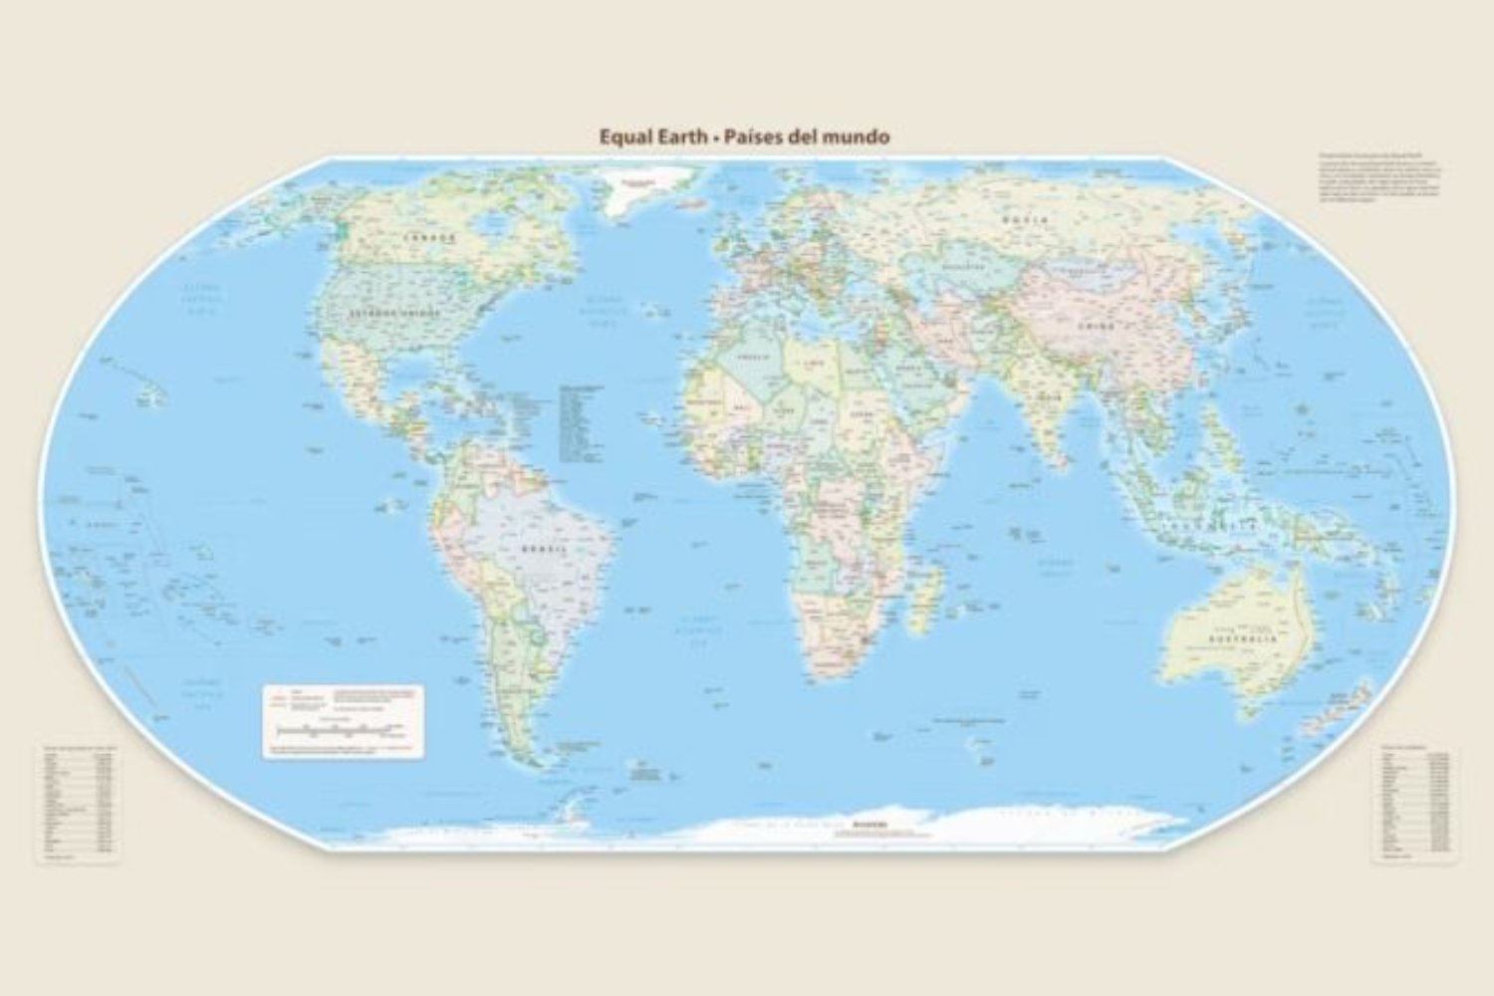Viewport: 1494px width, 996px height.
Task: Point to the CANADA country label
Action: [x=429, y=238]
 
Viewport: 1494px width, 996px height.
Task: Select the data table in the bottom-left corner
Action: [x=78, y=802]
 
